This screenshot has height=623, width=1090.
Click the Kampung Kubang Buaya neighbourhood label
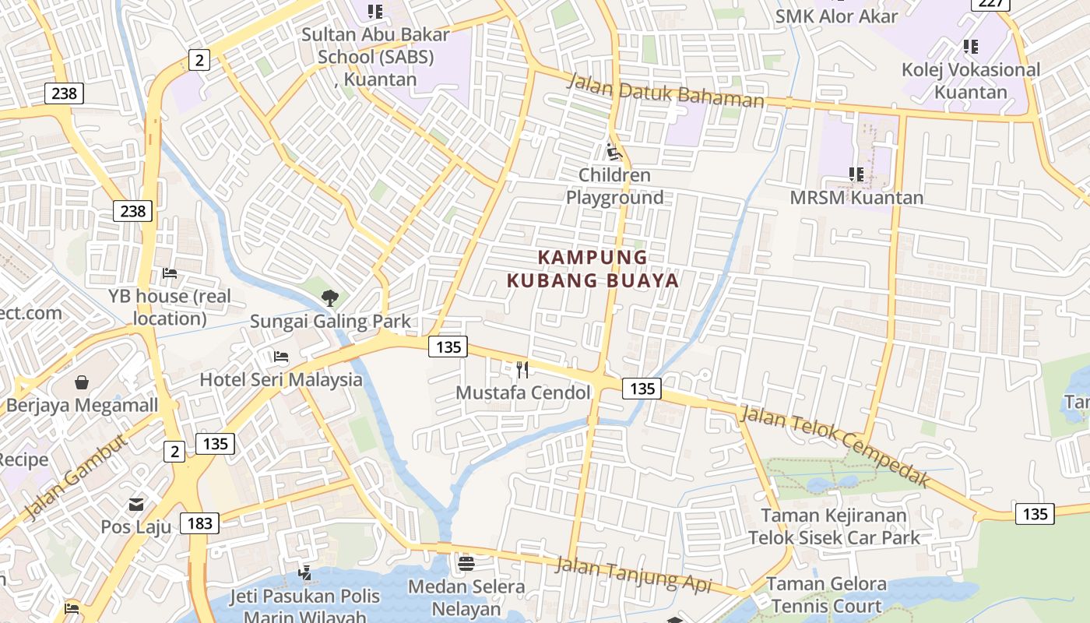point(593,269)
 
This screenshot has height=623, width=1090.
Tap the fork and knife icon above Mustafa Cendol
point(522,369)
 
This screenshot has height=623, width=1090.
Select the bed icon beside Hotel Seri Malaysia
point(281,357)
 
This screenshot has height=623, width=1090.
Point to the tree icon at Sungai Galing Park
point(330,297)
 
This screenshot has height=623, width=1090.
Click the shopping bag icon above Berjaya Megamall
point(82,382)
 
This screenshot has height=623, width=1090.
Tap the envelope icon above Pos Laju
point(136,505)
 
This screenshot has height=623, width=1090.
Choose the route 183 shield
point(199,523)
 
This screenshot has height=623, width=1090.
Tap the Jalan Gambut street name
point(75,477)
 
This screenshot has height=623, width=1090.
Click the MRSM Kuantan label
point(856,198)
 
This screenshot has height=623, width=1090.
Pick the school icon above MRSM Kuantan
point(856,174)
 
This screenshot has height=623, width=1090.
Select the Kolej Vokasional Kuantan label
point(970,80)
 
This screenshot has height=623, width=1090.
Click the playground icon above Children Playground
point(614,151)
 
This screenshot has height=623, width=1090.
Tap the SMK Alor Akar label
point(836,16)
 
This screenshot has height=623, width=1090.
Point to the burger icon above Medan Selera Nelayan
point(466,562)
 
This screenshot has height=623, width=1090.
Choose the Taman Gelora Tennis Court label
point(826,595)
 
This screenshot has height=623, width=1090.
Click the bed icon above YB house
point(170,273)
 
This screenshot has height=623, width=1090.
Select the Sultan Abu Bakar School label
point(375,56)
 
